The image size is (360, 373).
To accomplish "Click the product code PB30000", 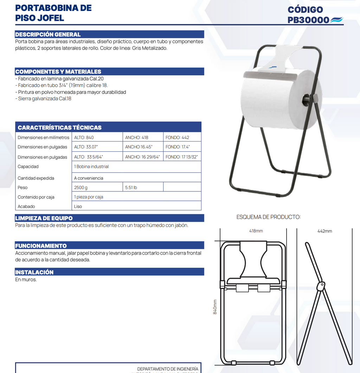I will pyautogui.click(x=308, y=20).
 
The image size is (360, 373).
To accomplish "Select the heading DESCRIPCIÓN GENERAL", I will pyautogui.click(x=48, y=34).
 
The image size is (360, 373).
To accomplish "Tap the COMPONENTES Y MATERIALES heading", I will pyautogui.click(x=58, y=72).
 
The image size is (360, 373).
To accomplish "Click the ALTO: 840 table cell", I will pyautogui.click(x=84, y=138).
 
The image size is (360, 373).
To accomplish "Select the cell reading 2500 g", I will pyautogui.click(x=81, y=188).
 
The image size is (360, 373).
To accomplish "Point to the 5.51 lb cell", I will pyautogui.click(x=131, y=188).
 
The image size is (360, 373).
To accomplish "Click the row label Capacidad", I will pyautogui.click(x=28, y=167).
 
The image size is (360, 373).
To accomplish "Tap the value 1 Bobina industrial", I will pyautogui.click(x=91, y=167).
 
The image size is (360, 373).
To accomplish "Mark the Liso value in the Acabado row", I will pyautogui.click(x=78, y=207).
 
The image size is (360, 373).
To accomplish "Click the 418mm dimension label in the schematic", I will pyautogui.click(x=256, y=231).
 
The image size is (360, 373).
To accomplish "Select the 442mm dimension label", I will pyautogui.click(x=324, y=231).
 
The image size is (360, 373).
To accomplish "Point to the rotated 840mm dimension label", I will pyautogui.click(x=215, y=307).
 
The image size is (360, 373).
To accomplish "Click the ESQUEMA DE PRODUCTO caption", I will pyautogui.click(x=269, y=217).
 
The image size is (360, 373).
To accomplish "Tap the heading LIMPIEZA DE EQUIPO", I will pyautogui.click(x=44, y=218).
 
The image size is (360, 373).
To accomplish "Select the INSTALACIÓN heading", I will pyautogui.click(x=34, y=272).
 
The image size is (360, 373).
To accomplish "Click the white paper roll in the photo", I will pyautogui.click(x=274, y=100).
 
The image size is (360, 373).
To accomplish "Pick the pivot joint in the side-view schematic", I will pyautogui.click(x=320, y=286).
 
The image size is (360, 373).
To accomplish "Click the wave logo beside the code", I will pyautogui.click(x=336, y=20).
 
